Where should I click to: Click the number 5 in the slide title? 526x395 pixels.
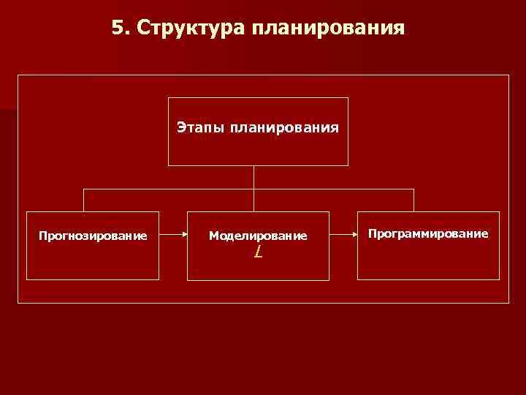point(118,28)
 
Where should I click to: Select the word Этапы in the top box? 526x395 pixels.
point(199,128)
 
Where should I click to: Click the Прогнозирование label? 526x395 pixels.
point(93,236)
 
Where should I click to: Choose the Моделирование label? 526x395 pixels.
point(258,236)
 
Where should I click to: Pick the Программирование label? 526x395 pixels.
point(428,233)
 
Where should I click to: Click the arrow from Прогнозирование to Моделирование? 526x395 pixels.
point(172,236)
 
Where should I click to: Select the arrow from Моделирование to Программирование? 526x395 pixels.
point(343,236)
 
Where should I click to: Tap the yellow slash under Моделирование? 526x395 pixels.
point(258,252)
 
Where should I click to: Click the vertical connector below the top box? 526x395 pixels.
point(254,177)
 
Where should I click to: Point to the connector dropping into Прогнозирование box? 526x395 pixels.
point(83,200)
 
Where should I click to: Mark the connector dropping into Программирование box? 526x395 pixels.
point(413,200)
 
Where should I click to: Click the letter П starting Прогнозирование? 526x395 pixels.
point(42,236)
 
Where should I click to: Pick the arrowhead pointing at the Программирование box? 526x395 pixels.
point(354,236)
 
